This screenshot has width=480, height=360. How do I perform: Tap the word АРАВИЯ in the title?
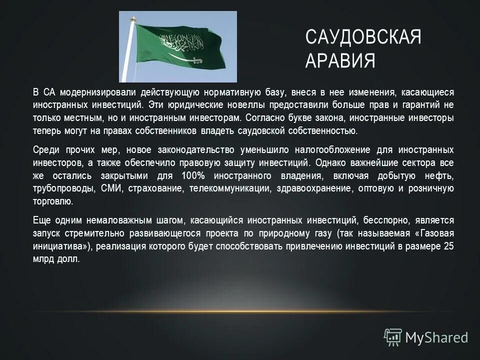[x=340, y=61]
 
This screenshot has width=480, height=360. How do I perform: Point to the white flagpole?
[x=128, y=50]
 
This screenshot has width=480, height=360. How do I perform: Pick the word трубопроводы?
[x=62, y=189]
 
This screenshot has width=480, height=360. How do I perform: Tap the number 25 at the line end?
[x=448, y=246]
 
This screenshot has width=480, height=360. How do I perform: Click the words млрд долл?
[x=56, y=259]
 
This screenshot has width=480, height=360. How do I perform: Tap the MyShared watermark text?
[x=436, y=337]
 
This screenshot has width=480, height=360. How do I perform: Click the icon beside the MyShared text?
[x=393, y=337]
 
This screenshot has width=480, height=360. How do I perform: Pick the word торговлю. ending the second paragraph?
[x=53, y=202]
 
